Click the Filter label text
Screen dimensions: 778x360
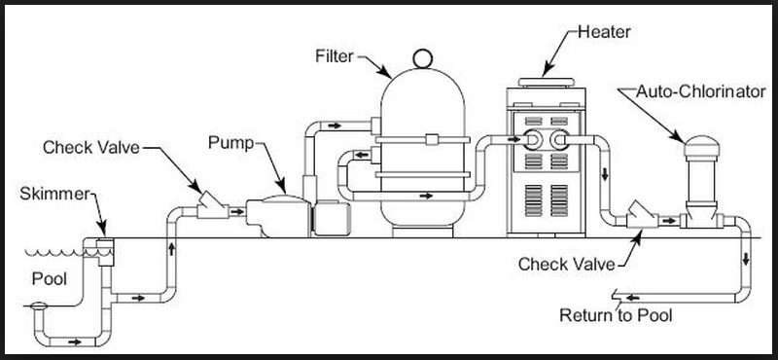335,56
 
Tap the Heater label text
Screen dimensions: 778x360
604,32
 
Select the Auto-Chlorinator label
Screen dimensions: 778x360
701,91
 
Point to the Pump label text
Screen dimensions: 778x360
230,142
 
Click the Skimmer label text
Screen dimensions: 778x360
54,194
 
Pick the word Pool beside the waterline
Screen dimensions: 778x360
50,278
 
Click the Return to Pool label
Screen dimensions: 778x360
616,315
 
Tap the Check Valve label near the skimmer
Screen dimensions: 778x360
91,147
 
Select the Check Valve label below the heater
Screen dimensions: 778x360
567,264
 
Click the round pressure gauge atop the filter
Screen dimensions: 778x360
423,58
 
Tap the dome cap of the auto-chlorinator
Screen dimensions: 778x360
701,146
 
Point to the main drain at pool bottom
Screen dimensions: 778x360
38,307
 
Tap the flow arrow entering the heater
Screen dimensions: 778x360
514,139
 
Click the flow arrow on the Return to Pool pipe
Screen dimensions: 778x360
632,298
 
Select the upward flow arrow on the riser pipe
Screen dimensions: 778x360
172,248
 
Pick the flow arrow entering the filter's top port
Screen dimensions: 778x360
334,126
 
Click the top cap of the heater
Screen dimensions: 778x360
547,82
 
